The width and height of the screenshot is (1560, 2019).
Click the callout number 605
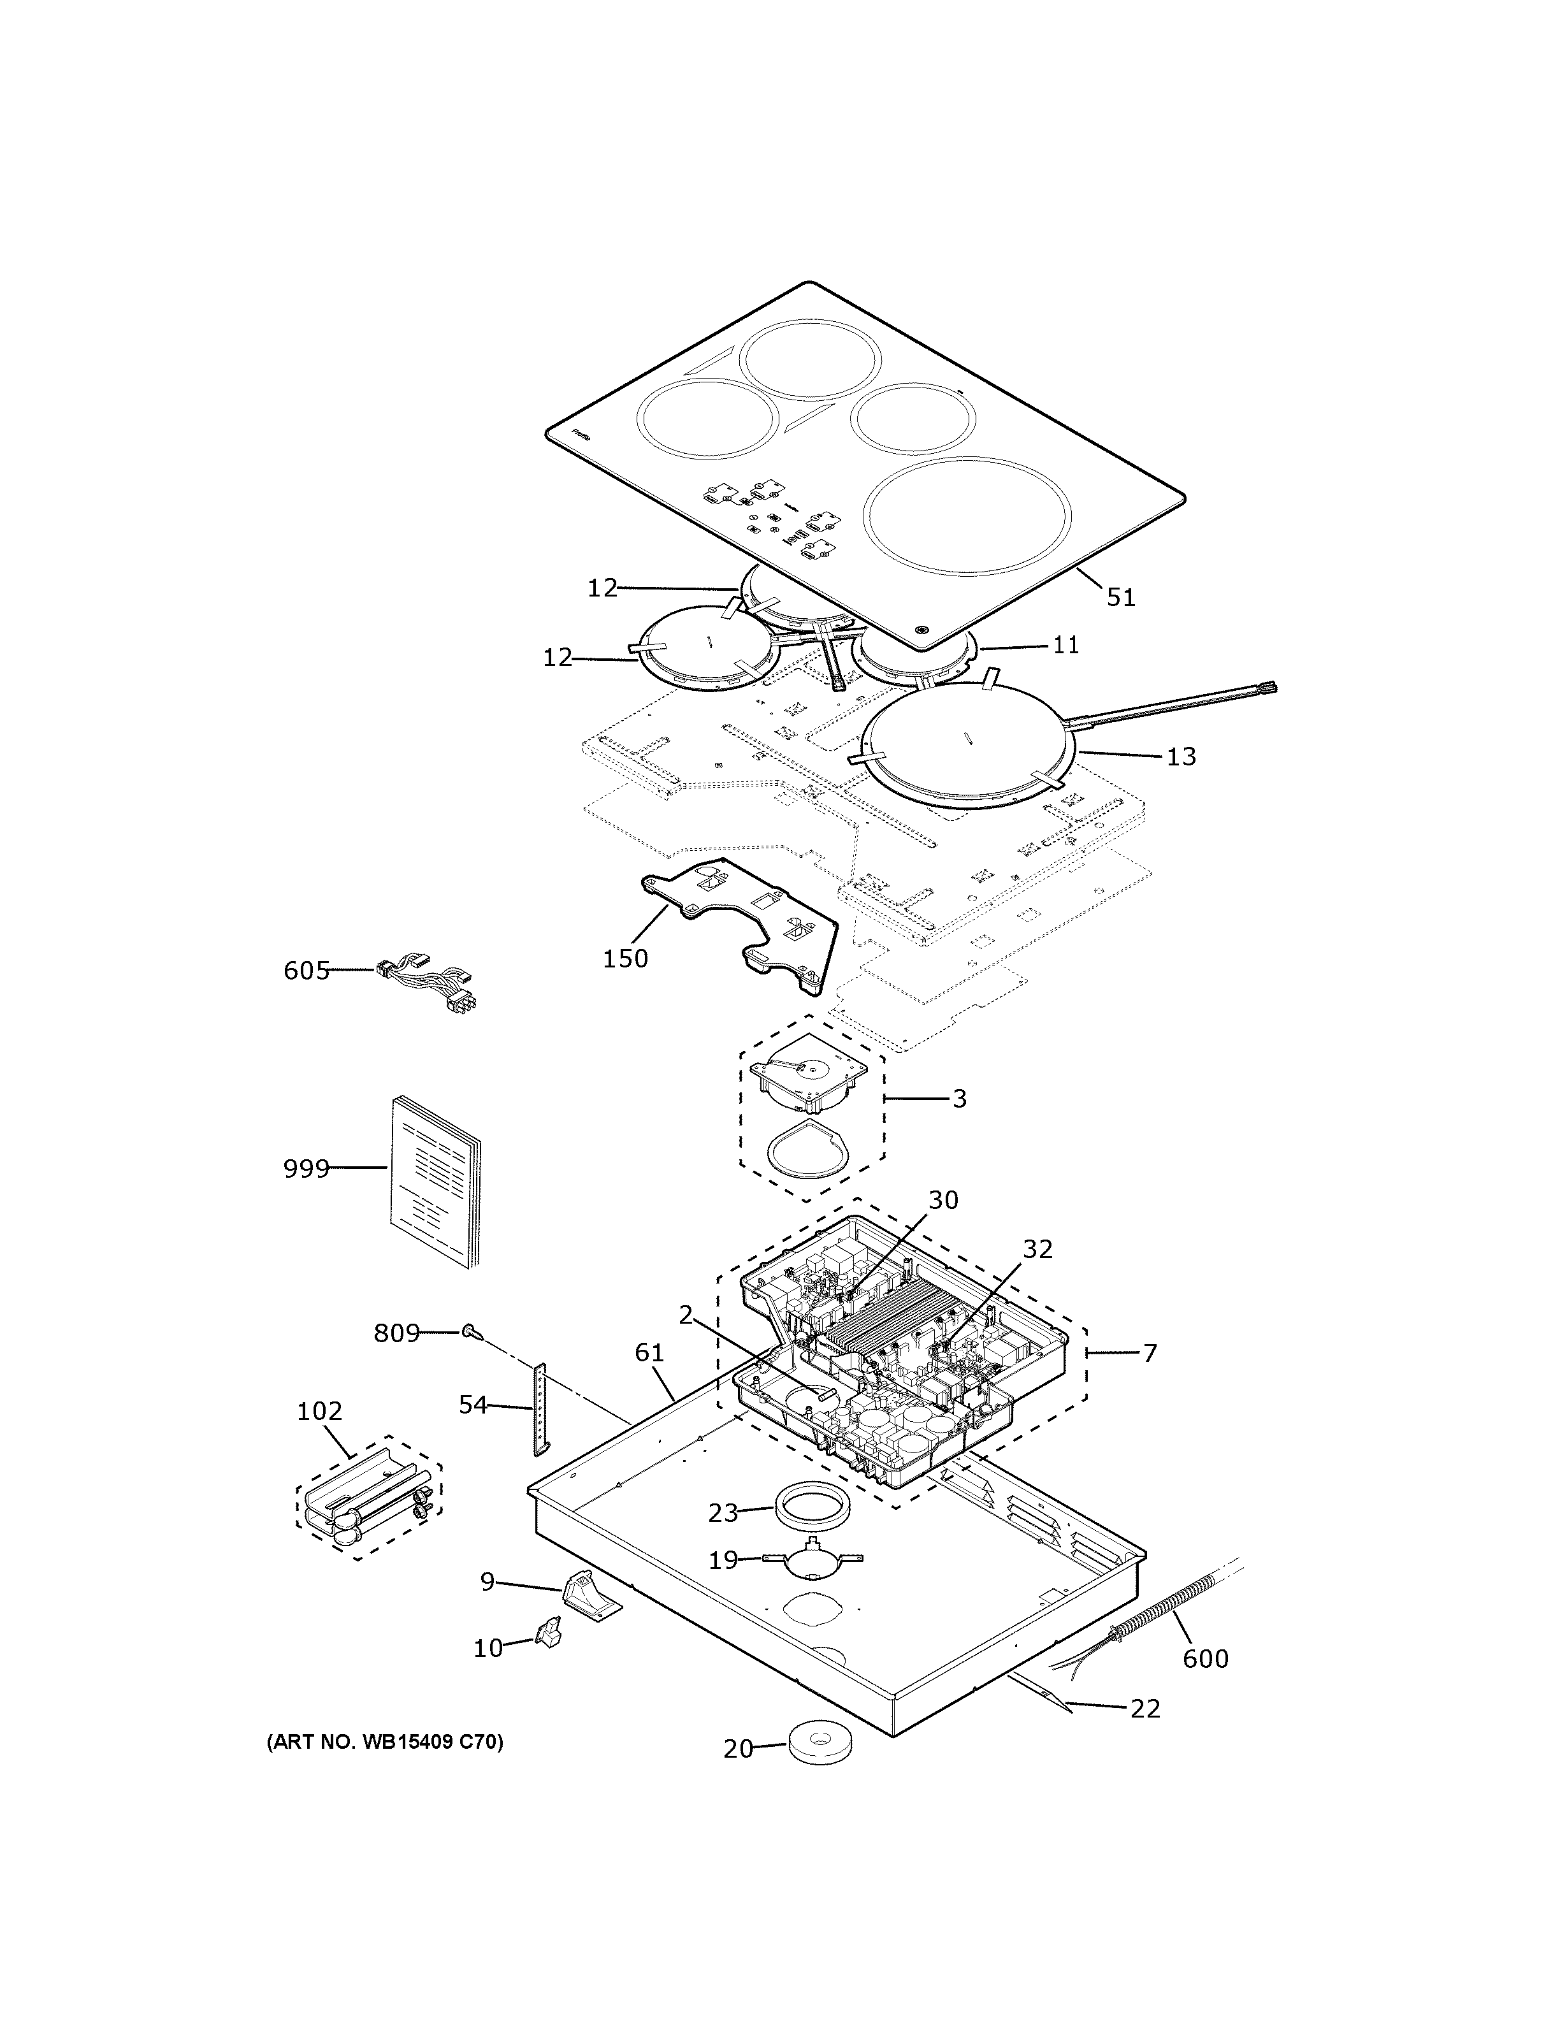click(306, 971)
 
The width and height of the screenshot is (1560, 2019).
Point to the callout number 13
click(1181, 756)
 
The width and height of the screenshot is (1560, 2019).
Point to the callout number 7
click(1150, 1354)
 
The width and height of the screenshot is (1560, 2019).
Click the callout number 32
click(1037, 1249)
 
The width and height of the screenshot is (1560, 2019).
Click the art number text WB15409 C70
click(386, 1742)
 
